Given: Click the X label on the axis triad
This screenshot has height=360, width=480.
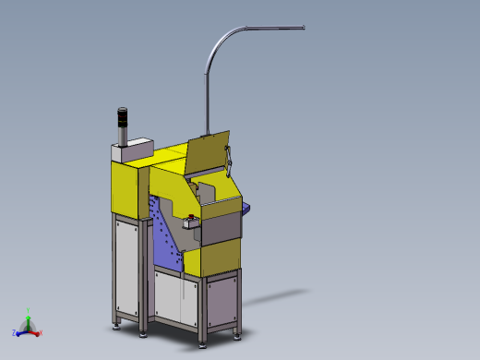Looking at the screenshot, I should coord(43,331).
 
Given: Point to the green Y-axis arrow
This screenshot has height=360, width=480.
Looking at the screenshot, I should coord(29,319).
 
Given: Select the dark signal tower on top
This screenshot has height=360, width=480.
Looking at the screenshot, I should coord(120,125).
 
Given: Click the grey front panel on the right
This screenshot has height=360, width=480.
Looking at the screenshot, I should coord(222,226).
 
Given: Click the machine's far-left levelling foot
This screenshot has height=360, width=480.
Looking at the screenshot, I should coord(115,324).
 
